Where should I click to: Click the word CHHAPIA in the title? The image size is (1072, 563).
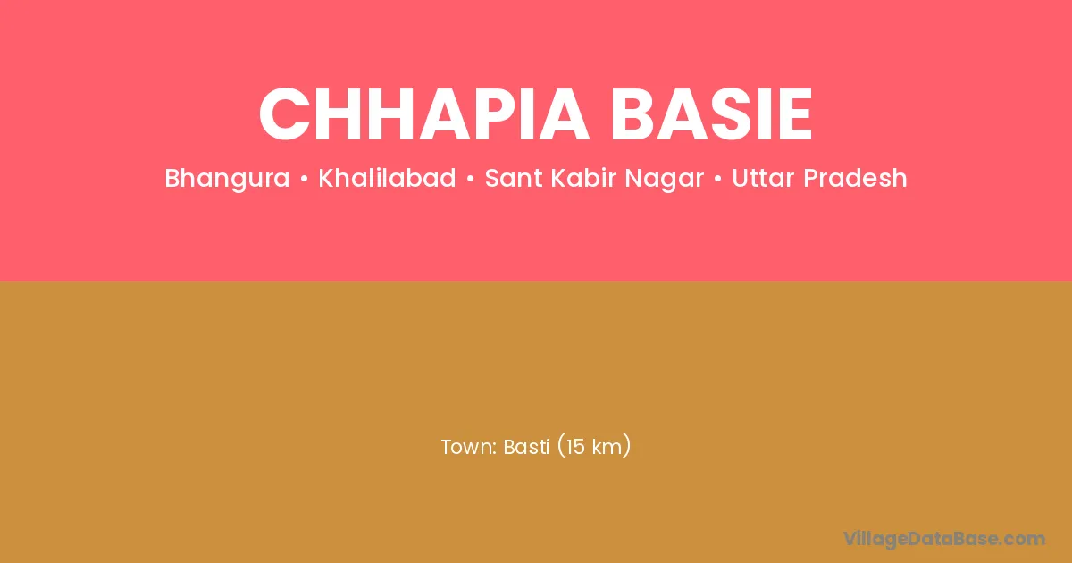[423, 114]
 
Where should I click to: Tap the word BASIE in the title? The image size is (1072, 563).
[711, 114]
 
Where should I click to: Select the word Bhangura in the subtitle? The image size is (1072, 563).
[227, 179]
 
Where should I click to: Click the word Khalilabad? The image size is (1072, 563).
[387, 178]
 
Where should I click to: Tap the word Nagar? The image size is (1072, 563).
[665, 179]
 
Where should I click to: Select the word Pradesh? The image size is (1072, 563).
[855, 178]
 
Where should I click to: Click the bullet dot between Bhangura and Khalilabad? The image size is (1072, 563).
[305, 179]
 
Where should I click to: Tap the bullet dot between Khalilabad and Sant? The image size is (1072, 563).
[471, 179]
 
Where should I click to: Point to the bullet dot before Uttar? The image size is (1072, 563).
[718, 179]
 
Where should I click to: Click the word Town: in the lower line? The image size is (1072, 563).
[469, 447]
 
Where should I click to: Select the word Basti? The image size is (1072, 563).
[526, 447]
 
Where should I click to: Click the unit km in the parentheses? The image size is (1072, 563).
[607, 447]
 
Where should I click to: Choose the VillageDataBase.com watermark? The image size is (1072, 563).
[943, 539]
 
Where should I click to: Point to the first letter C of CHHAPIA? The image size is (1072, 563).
[284, 114]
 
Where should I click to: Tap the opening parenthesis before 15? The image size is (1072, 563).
[561, 446]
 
